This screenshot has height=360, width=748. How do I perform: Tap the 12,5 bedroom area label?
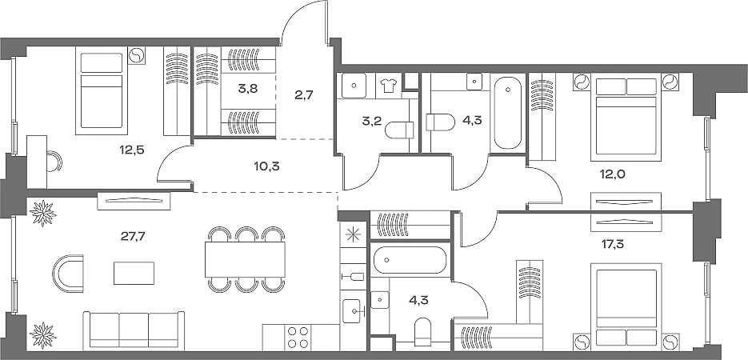click(x=132, y=150)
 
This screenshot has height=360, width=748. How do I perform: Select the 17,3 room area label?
click(x=613, y=245)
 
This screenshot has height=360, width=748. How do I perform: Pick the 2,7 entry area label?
click(x=303, y=95)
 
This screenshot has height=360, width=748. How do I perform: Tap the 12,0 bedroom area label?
click(x=613, y=174)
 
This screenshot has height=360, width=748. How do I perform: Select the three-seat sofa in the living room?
click(x=134, y=330)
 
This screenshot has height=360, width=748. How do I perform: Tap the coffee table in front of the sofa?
click(x=134, y=273)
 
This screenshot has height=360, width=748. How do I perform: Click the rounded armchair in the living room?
click(x=68, y=274)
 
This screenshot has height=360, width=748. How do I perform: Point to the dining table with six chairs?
click(x=245, y=259)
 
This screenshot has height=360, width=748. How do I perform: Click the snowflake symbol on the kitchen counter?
click(x=353, y=234)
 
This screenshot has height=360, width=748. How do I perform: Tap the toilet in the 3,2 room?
click(x=399, y=130)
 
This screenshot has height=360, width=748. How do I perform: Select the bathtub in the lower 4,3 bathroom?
click(x=410, y=260)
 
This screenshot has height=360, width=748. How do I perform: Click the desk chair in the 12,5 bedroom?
click(x=54, y=161)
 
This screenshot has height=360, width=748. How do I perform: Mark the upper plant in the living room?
click(x=43, y=213)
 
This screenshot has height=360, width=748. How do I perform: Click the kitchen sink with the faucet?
click(x=353, y=310)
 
